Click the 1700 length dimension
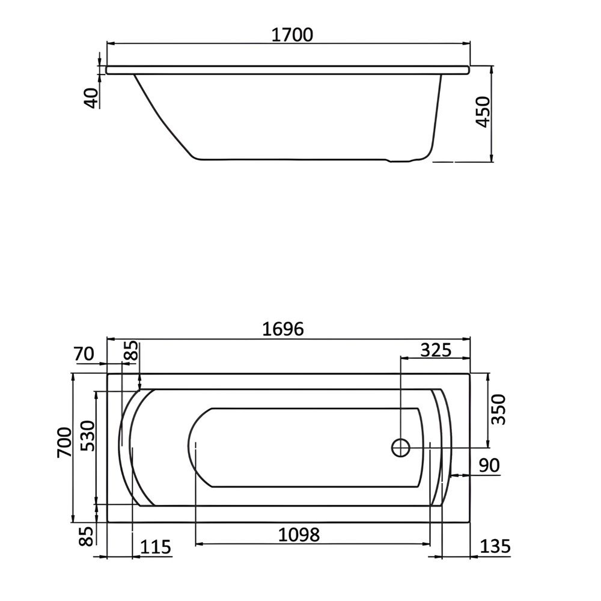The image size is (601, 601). (293, 35)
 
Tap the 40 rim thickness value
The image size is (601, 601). (91, 97)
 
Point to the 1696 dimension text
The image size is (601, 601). (284, 329)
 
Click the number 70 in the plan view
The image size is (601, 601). (85, 355)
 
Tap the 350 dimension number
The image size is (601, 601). (498, 410)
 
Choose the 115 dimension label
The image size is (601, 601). (156, 547)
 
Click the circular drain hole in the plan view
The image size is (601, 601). (401, 448)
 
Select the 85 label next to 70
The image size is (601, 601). (132, 352)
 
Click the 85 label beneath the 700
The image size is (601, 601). (88, 535)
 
